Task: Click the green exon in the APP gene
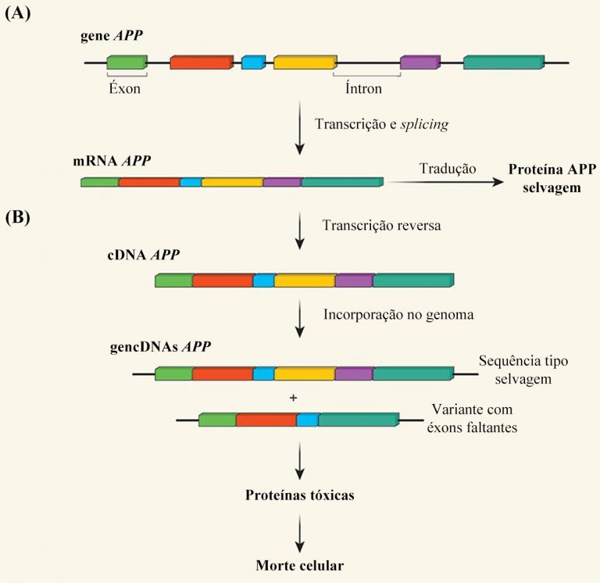click(x=127, y=63)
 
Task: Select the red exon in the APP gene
click(x=202, y=63)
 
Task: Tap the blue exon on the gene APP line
click(x=253, y=63)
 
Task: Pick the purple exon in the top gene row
click(x=420, y=63)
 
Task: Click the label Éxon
click(x=125, y=88)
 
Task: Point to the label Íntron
click(x=363, y=88)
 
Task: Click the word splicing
click(x=424, y=124)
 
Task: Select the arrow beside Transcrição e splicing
click(x=300, y=128)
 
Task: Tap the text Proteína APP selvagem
click(x=552, y=178)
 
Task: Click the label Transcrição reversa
click(x=381, y=225)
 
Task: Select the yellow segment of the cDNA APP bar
click(x=305, y=281)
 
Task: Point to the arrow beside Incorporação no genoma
click(x=300, y=319)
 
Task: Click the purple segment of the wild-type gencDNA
click(x=354, y=374)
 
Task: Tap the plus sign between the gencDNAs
click(x=294, y=398)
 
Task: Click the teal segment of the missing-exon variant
click(x=359, y=420)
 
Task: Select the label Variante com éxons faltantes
click(x=472, y=418)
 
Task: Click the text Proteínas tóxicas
click(x=300, y=495)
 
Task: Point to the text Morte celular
click(x=300, y=565)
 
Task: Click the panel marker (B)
click(x=18, y=217)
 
